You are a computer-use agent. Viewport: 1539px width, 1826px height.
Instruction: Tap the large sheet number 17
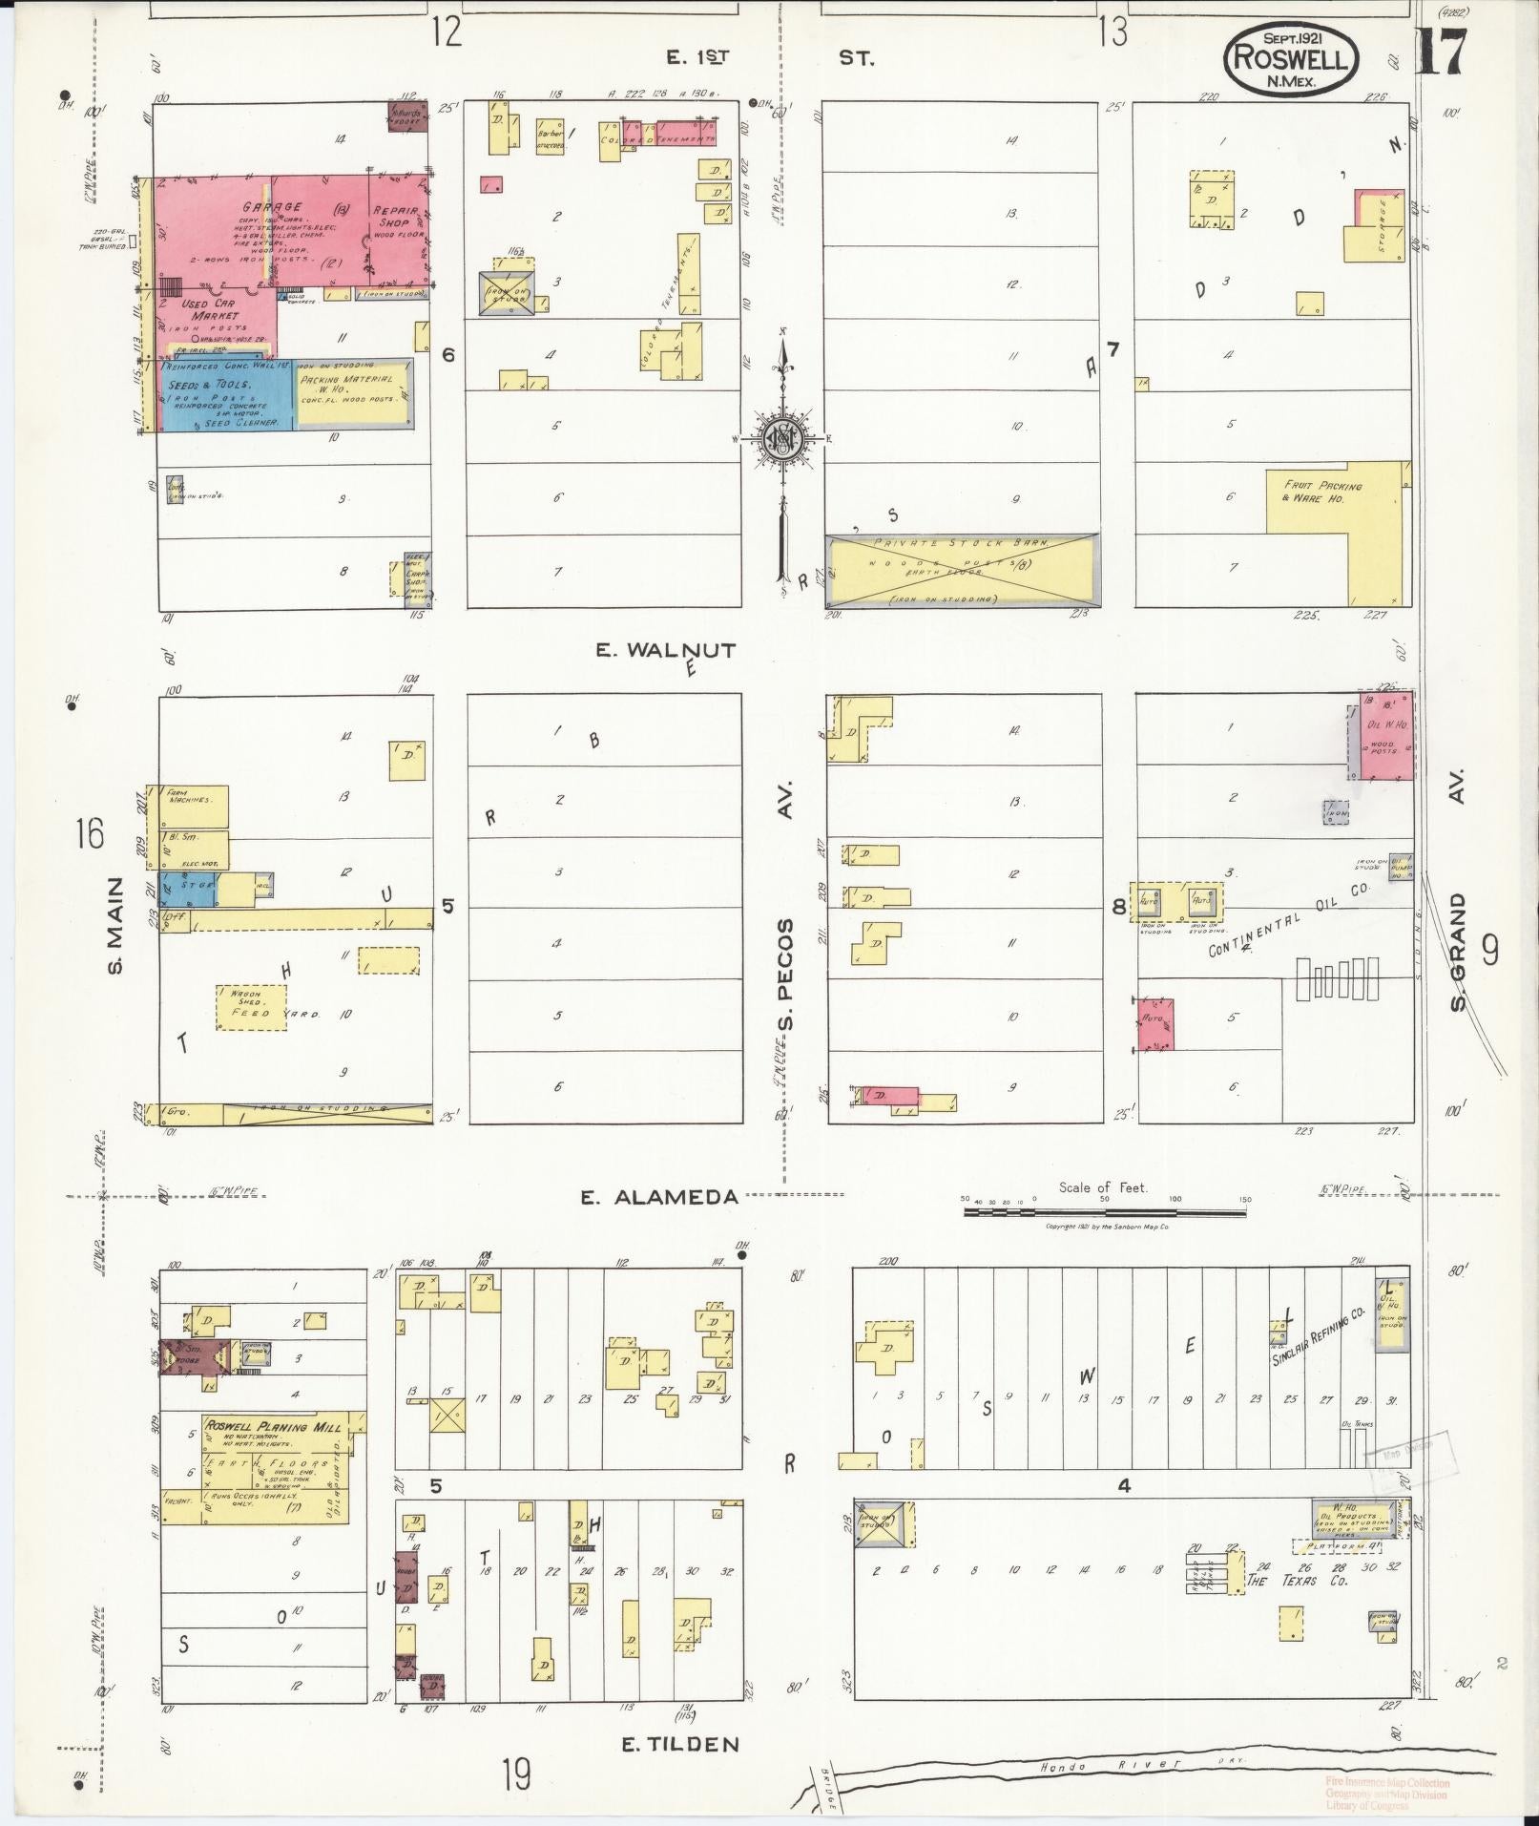(1440, 53)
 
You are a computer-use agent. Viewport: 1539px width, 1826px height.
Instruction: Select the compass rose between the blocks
(783, 438)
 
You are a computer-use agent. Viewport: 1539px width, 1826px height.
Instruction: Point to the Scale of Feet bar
(1104, 1210)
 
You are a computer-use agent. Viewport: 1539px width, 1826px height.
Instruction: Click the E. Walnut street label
(666, 651)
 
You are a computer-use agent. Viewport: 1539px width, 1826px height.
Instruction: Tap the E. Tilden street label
(680, 1744)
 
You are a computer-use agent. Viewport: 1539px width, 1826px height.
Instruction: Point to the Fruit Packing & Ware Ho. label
(1322, 492)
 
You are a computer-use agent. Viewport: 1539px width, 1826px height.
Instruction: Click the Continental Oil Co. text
(1288, 921)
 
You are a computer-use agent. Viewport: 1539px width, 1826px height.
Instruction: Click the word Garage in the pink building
(272, 207)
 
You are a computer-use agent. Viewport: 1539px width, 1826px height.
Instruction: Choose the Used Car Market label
(215, 309)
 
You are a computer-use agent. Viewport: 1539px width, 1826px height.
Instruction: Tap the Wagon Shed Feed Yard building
(252, 1007)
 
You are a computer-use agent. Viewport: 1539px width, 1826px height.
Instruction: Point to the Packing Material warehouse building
(354, 394)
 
